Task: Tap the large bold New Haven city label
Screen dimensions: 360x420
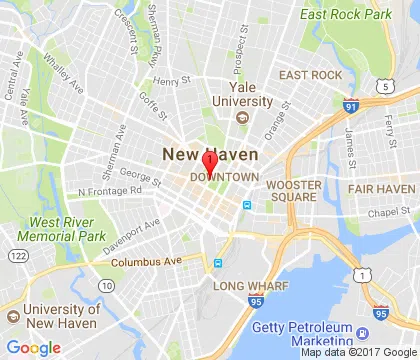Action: point(210,155)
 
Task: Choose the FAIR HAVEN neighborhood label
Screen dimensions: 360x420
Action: point(381,188)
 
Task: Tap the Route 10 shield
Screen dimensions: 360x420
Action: point(107,286)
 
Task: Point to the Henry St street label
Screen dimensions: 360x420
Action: point(172,81)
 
